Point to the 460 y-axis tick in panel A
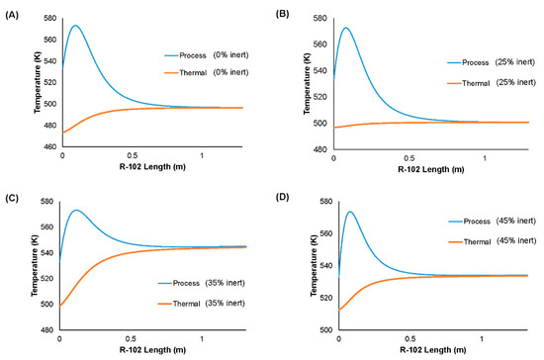pos(49,146)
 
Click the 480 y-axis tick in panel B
pos(318,149)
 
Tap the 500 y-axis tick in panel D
pos(318,329)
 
